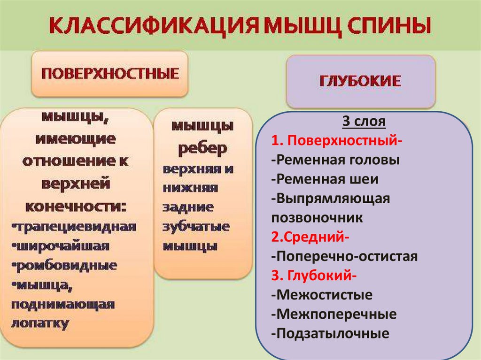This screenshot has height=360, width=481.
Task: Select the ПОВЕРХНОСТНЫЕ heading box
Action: (109, 74)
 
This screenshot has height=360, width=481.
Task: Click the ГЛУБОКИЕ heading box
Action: (360, 81)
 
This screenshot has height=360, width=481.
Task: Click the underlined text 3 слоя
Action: (364, 123)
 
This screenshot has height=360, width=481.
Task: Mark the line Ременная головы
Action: (335, 160)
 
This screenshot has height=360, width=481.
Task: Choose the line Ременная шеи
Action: (325, 179)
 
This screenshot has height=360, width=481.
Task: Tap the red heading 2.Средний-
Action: (310, 237)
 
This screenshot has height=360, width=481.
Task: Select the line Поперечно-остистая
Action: (344, 256)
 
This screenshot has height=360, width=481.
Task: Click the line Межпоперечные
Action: (334, 314)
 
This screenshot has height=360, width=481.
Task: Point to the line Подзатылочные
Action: (330, 333)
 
